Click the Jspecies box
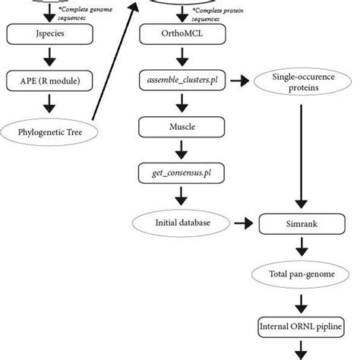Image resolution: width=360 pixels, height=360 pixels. pos(50,33)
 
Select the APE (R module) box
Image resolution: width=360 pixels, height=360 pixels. pos(50,81)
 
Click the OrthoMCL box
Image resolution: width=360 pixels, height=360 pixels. pos(178,34)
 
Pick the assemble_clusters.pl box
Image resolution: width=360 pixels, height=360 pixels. pos(178,81)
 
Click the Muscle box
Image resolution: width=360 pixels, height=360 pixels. pos(178,127)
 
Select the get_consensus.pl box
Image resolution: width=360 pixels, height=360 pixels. pos(178,174)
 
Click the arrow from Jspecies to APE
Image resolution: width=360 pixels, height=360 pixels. pos(50,57)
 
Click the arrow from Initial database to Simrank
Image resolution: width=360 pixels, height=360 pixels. pos(242,224)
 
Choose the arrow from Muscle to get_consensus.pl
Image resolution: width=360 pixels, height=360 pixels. pos(178,150)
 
